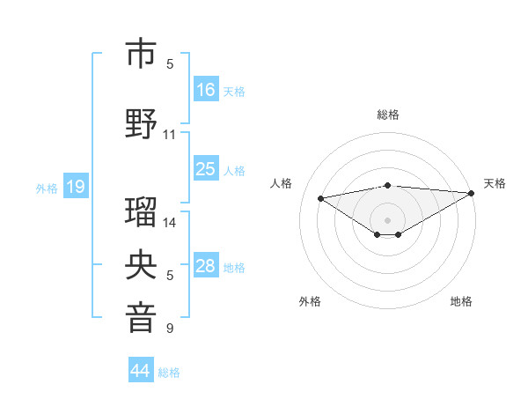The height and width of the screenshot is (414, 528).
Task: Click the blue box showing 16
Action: (206, 89)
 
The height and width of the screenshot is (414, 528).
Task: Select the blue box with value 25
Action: (206, 169)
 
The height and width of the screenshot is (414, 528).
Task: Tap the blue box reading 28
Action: (206, 266)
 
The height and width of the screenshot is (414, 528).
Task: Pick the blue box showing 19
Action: (76, 187)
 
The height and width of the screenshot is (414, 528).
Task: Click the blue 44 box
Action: (141, 371)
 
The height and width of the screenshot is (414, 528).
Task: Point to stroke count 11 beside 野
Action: (170, 135)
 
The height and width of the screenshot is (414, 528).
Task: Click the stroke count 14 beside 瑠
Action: (170, 223)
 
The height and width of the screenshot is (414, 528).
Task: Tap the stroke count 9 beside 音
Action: (170, 329)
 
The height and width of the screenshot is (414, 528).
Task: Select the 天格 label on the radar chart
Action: (495, 183)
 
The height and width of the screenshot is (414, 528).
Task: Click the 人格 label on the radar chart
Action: (282, 183)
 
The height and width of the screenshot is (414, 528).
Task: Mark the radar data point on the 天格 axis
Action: (472, 193)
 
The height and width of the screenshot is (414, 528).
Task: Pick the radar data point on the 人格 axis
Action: (320, 197)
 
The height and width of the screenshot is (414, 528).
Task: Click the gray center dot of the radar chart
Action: (387, 219)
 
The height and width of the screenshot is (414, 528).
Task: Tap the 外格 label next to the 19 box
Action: (46, 188)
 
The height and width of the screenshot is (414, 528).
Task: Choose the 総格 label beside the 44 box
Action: (169, 372)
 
